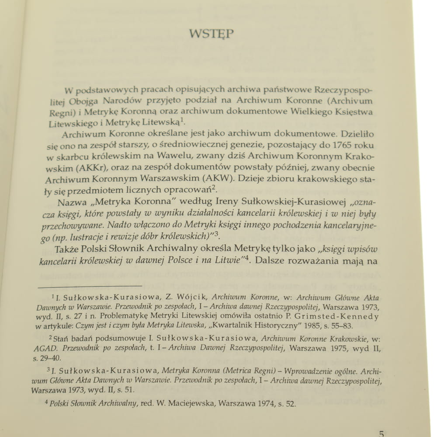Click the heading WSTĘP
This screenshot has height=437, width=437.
pos(211,34)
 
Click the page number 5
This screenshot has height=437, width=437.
pos(381,433)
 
